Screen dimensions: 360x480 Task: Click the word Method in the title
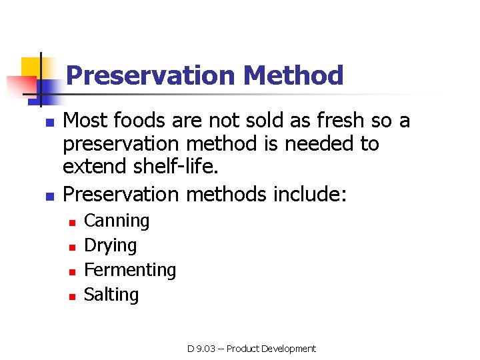pos(293,75)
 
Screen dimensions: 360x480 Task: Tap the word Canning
pos(117,221)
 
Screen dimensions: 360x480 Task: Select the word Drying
pos(110,246)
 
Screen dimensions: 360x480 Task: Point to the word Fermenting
pos(130,271)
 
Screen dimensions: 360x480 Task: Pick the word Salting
pos(111,295)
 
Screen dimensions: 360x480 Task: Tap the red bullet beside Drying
pos(72,247)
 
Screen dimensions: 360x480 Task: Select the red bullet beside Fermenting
pos(72,271)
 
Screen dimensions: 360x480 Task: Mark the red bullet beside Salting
pos(72,296)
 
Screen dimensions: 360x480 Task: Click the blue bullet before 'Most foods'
pos(48,123)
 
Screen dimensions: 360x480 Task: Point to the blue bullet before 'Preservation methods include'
pos(48,196)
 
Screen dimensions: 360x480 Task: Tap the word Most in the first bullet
pos(86,121)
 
